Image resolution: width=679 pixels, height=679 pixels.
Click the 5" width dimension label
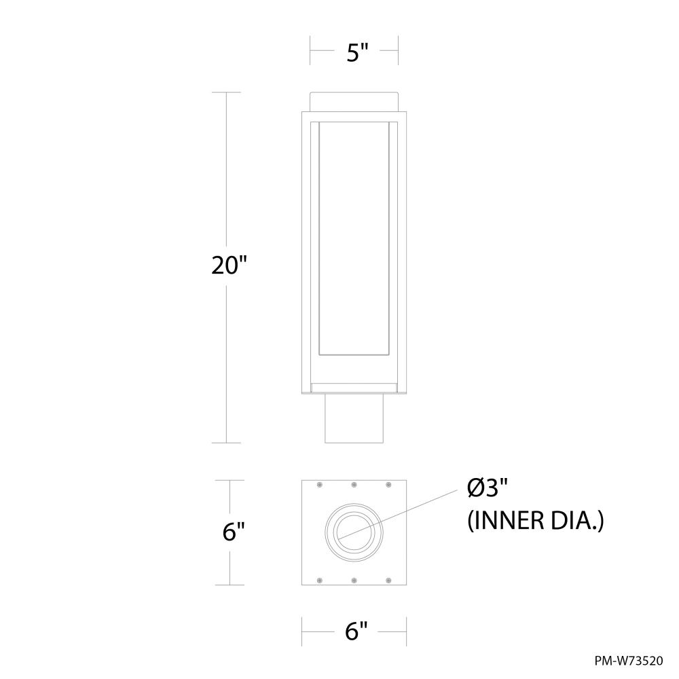point(354,52)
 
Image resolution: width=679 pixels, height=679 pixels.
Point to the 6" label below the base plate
point(354,631)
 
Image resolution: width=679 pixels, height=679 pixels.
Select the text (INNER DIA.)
point(535,521)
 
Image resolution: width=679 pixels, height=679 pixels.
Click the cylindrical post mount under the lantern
point(354,418)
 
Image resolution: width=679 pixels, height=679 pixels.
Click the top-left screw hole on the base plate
point(319,485)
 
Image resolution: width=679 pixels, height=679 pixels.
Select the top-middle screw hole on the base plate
point(354,485)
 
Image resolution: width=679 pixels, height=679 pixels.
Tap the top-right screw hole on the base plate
point(388,485)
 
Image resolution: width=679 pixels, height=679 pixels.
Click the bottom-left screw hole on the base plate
point(319,580)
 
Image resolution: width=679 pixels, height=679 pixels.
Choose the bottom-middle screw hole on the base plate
point(354,580)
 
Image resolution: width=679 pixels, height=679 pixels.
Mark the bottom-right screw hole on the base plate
point(388,580)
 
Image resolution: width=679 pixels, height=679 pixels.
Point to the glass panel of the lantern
point(354,238)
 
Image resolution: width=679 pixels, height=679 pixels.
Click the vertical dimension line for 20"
point(226,170)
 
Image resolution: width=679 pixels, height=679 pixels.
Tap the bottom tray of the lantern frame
point(354,388)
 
